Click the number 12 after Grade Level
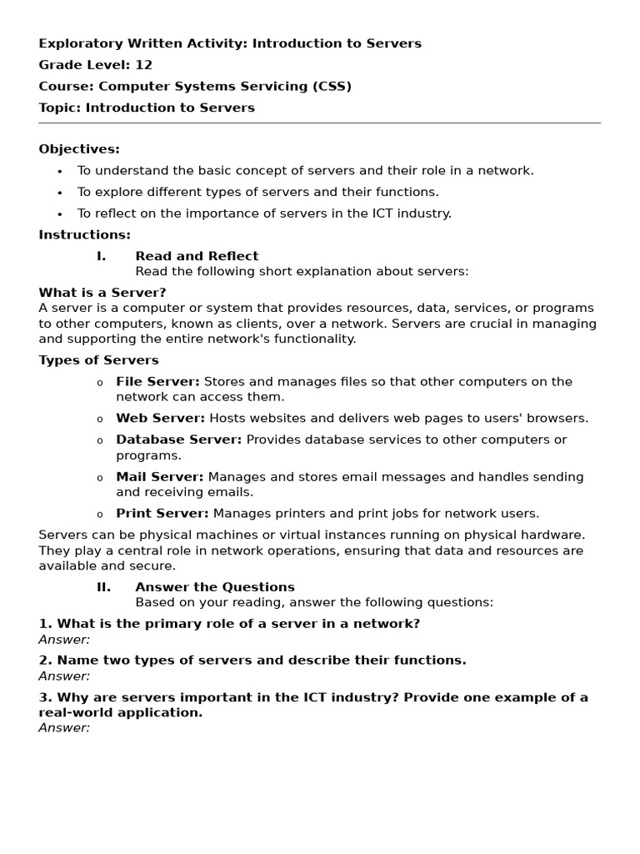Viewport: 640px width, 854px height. point(143,65)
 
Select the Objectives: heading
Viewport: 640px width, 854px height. point(79,149)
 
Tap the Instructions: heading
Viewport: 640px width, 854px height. point(84,235)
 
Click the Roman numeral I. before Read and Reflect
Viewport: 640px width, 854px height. point(102,256)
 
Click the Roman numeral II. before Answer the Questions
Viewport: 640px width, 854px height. point(103,587)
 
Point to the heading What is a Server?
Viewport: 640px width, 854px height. point(102,293)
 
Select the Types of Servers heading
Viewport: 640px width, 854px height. point(98,360)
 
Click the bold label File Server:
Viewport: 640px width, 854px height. point(157,382)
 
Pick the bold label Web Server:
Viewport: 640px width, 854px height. point(160,419)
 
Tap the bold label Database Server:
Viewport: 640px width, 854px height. point(178,440)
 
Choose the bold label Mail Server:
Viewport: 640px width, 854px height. point(159,477)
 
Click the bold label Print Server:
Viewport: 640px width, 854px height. point(162,514)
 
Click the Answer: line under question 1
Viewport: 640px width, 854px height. point(64,640)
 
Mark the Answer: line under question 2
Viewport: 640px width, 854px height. point(64,676)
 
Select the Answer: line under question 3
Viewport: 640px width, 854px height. point(64,728)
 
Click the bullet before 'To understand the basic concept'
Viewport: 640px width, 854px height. point(60,171)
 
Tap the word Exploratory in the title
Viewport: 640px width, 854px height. point(80,43)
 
